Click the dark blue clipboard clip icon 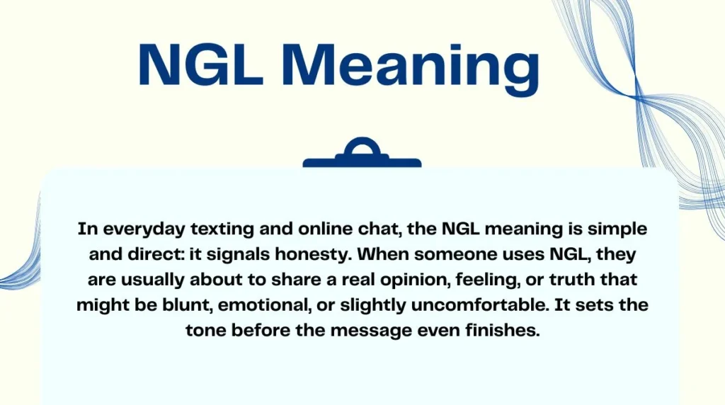362,154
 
